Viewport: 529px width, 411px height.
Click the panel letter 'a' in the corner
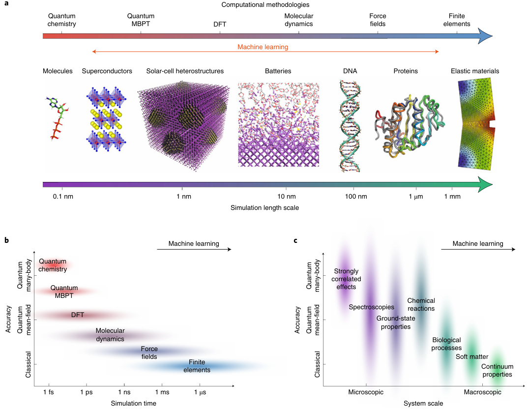point(6,4)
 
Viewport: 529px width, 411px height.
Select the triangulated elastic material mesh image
point(476,126)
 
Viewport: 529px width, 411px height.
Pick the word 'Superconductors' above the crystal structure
point(107,71)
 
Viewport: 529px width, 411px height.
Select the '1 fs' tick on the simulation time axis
point(49,392)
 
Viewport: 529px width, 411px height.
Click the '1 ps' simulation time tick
point(87,392)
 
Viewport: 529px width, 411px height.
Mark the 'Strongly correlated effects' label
point(346,279)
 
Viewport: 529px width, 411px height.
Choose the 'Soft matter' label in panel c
point(472,357)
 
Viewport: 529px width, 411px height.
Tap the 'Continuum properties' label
point(497,370)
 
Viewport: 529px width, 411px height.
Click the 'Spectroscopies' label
point(372,307)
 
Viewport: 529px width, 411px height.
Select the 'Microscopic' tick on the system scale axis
point(366,392)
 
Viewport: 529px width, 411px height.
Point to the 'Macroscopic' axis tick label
point(483,392)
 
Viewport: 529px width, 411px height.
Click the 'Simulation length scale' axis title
point(264,208)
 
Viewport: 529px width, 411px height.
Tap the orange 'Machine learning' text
point(263,47)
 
